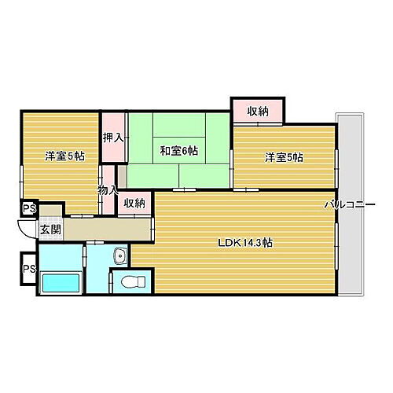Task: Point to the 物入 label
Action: pyautogui.click(x=108, y=189)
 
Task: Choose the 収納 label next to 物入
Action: pyautogui.click(x=134, y=203)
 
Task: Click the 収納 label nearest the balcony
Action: pyautogui.click(x=258, y=111)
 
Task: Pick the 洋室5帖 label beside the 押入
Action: pyautogui.click(x=64, y=156)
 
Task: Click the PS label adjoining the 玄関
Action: pyautogui.click(x=29, y=208)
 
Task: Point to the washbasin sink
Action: pyautogui.click(x=119, y=256)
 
